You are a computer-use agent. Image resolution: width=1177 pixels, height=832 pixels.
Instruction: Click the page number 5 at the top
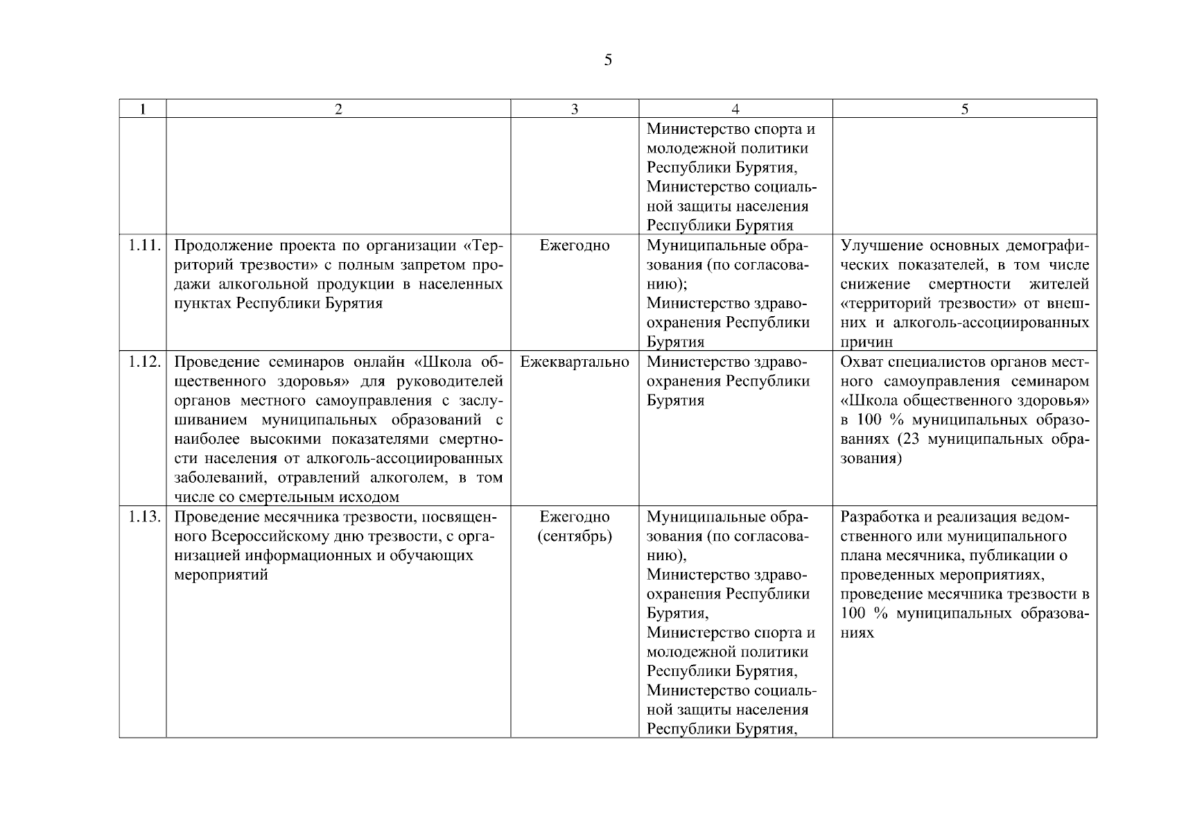coord(608,60)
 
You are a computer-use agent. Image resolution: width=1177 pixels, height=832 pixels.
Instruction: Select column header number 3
coord(575,109)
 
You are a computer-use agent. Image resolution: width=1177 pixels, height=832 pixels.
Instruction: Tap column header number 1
coord(143,109)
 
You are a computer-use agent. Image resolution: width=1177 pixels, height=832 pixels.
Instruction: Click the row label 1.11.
coord(145,245)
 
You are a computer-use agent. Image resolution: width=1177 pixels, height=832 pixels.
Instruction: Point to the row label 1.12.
coord(145,362)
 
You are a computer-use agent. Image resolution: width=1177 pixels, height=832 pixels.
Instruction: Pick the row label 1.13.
coord(145,517)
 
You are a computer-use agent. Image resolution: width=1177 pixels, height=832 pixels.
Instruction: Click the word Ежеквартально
coord(575,362)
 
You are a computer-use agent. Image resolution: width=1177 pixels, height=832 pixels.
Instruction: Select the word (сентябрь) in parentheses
coord(575,537)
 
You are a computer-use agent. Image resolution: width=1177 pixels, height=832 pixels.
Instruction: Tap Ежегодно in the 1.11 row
coord(575,245)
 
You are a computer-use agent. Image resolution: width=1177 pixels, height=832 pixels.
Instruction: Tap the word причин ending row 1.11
coord(866,343)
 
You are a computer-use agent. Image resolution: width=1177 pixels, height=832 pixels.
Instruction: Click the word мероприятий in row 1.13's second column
coord(220,575)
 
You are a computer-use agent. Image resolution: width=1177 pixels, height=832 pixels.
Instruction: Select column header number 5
coord(964,109)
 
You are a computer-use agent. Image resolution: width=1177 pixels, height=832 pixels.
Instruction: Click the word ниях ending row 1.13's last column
coord(857,634)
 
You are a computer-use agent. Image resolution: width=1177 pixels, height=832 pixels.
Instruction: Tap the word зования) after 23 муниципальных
coord(871,459)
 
